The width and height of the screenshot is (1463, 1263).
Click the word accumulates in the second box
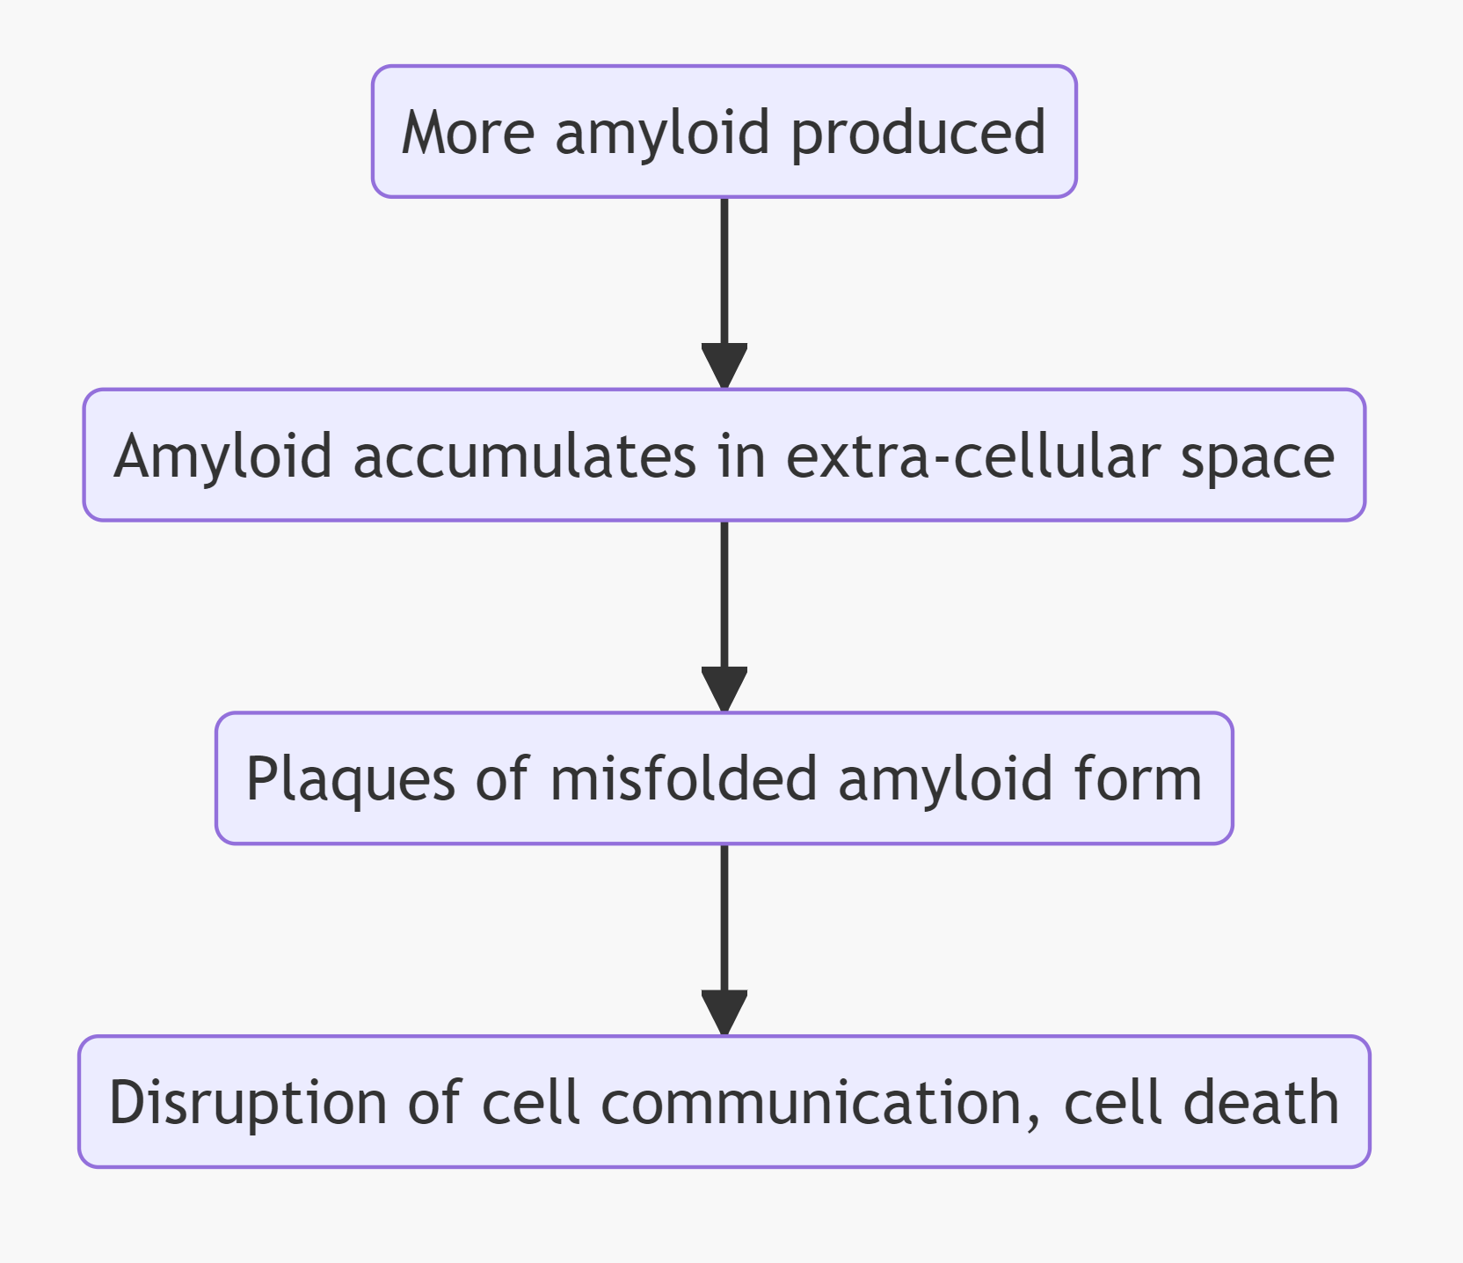pyautogui.click(x=525, y=456)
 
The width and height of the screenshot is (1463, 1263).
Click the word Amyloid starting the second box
pyautogui.click(x=223, y=456)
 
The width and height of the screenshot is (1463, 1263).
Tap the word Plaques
pyautogui.click(x=350, y=780)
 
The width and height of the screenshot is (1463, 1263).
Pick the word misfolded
pyautogui.click(x=683, y=780)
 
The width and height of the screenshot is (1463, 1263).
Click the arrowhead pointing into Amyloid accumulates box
pyautogui.click(x=724, y=366)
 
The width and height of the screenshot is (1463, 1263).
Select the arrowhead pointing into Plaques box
pyautogui.click(x=724, y=690)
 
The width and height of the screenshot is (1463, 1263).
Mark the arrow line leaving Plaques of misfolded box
pyautogui.click(x=724, y=915)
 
